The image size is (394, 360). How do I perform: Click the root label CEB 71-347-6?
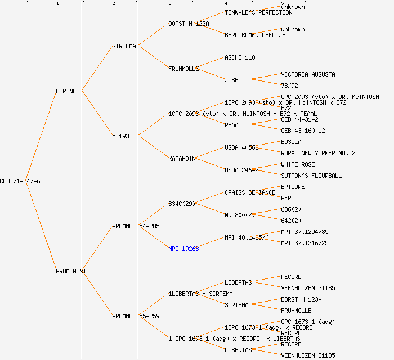20,181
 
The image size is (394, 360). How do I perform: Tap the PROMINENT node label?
71,271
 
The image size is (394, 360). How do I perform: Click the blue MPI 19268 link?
183,249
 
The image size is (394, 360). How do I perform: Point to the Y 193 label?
121,136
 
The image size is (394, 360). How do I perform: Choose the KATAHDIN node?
182,159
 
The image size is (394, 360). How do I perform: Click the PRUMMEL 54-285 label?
136,226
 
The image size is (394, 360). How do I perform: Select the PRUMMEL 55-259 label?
136,316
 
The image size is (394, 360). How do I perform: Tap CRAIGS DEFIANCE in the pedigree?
250,192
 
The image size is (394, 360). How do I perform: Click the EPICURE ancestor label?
293,187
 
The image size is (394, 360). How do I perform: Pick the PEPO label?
288,198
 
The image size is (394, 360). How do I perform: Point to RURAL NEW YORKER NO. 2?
318,153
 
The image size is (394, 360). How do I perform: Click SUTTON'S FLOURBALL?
311,175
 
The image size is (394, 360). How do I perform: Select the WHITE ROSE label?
298,164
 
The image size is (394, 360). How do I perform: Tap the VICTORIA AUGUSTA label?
308,74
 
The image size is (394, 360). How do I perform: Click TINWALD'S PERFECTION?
258,12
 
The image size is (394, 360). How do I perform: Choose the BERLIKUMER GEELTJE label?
255,35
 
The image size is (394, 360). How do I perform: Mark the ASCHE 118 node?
240,57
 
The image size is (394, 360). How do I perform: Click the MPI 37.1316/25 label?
305,243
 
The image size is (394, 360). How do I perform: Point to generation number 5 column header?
283,4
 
